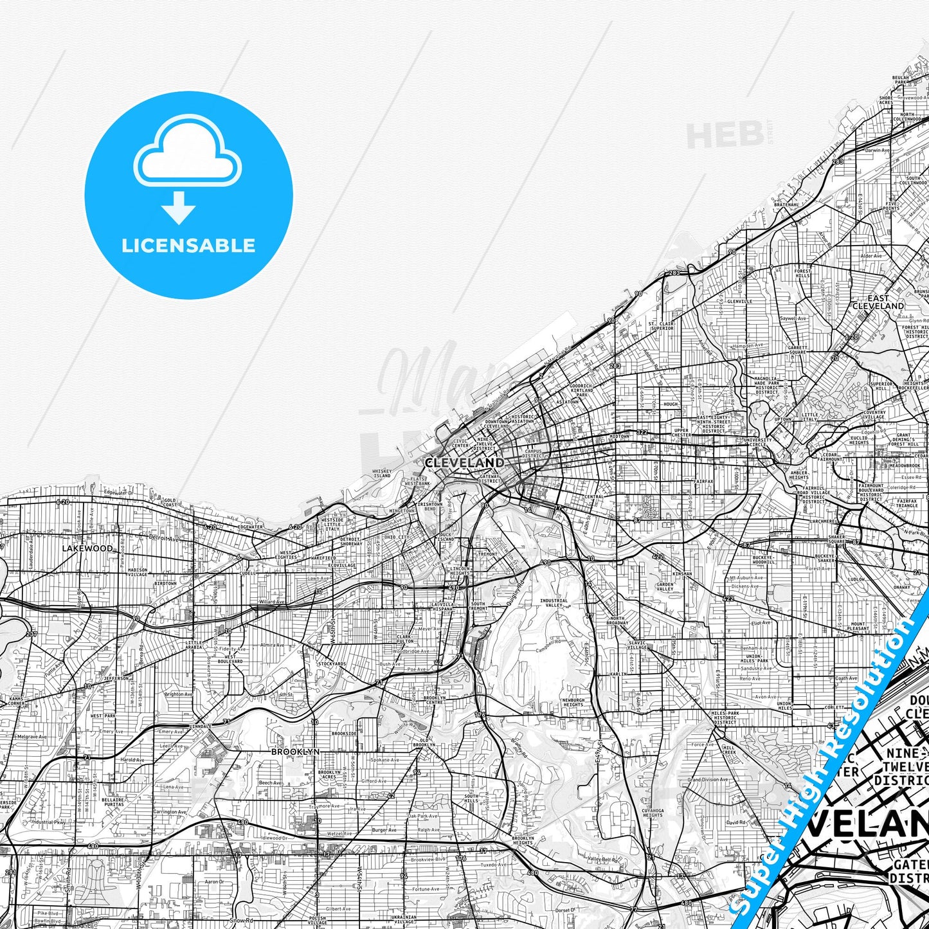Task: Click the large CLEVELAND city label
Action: click(464, 462)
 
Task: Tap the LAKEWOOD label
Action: click(87, 548)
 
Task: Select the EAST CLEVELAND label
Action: click(878, 302)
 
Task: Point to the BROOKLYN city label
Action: click(295, 751)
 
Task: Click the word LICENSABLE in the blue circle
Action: click(188, 245)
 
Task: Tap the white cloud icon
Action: click(187, 153)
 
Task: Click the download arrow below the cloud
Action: click(179, 208)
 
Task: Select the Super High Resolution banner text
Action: click(829, 759)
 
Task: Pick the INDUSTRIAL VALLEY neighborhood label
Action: click(554, 603)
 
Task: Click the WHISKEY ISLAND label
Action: click(382, 474)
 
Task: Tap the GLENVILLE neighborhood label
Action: click(739, 301)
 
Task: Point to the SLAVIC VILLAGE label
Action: click(637, 644)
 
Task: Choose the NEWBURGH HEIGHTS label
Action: click(573, 702)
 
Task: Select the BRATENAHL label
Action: click(786, 204)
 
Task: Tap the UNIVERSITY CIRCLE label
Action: click(757, 442)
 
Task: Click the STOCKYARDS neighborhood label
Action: click(332, 663)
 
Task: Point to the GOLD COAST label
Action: click(170, 501)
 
